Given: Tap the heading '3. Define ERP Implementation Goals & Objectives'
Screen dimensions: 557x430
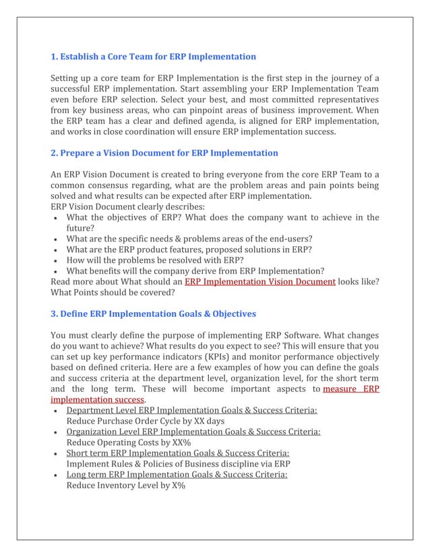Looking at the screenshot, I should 154,314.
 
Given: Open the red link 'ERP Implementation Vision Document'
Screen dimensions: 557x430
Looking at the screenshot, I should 260,281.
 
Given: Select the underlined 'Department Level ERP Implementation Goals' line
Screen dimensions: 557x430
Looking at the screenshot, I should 191,410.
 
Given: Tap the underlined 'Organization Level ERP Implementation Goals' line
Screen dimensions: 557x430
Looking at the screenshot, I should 193,432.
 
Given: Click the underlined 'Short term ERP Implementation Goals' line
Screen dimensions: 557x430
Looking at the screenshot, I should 177,453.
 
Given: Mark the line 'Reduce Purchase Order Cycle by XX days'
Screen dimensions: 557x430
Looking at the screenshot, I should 145,421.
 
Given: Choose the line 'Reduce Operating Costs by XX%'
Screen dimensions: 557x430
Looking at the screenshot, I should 128,442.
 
